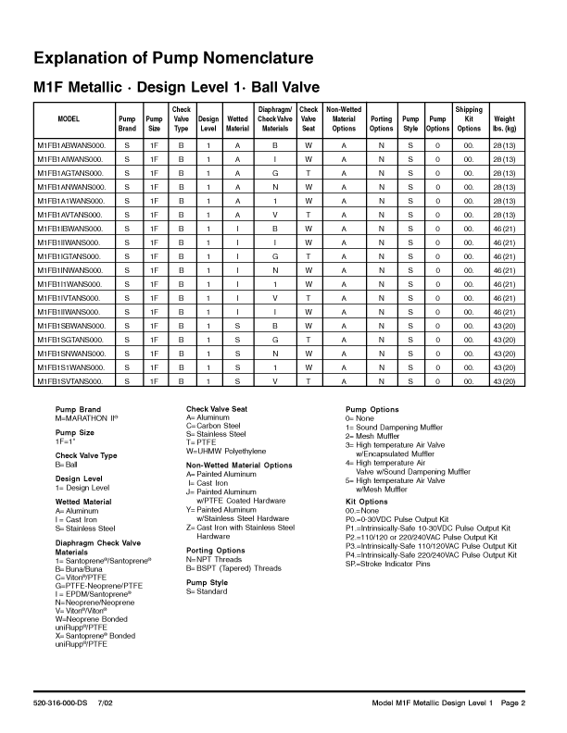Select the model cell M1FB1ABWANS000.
coord(71,146)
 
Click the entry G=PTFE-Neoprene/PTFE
coord(99,585)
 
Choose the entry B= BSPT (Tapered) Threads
coord(233,568)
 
